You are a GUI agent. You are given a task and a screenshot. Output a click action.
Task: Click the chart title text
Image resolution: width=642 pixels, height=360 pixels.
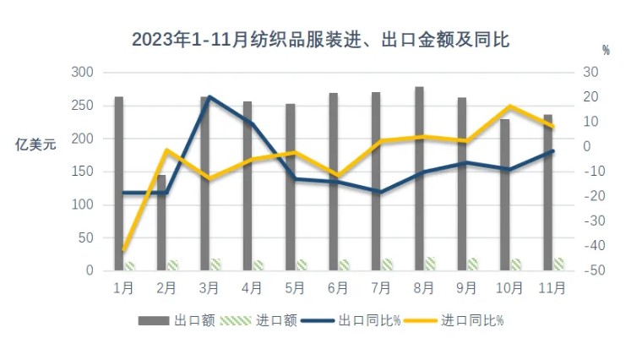point(320,40)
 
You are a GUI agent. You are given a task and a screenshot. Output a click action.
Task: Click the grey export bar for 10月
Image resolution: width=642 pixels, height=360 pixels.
point(504,194)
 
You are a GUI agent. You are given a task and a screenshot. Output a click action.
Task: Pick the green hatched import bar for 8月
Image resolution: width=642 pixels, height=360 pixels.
point(430,264)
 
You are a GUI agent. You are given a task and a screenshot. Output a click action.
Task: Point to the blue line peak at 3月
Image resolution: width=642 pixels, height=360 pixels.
point(209,97)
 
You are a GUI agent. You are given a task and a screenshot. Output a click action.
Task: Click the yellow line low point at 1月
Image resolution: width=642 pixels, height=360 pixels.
point(124,250)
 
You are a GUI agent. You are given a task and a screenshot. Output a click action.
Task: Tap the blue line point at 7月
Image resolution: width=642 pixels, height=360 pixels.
point(380,193)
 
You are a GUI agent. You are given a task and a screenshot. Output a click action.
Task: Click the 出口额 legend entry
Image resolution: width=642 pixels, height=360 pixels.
point(177,320)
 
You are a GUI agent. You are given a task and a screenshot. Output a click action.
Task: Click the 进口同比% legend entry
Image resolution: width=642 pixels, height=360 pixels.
point(457,320)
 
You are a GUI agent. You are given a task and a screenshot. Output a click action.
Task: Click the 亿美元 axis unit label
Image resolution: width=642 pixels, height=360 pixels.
point(36,145)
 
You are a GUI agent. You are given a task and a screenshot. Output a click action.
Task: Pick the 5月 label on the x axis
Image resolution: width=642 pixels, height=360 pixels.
point(295,288)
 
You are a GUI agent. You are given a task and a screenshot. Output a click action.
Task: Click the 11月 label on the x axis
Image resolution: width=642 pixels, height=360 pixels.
point(552,288)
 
